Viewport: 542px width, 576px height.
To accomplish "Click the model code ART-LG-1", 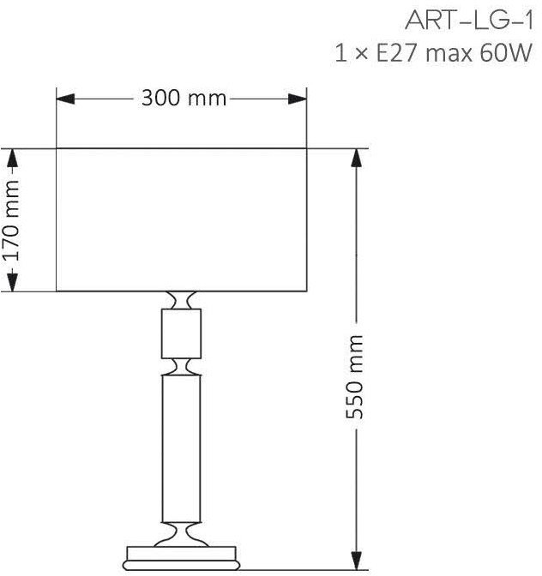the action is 469,21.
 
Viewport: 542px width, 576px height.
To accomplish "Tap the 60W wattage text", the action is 506,53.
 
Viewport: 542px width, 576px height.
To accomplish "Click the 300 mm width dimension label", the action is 184,99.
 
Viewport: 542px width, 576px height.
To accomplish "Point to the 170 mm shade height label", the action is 11,220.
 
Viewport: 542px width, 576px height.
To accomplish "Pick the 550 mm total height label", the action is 355,377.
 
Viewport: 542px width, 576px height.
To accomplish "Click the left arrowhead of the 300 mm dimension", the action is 65,99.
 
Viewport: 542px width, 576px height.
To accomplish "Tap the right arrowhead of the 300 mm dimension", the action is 298,99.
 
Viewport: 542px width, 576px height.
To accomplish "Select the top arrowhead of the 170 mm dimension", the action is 13,158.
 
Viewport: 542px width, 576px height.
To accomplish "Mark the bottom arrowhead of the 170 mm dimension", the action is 13,282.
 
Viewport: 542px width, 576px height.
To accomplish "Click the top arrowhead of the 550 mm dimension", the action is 356,158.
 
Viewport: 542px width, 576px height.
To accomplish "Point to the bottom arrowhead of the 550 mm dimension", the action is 356,561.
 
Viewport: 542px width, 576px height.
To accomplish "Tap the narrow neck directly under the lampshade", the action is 182,300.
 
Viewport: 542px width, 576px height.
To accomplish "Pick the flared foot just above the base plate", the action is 182,535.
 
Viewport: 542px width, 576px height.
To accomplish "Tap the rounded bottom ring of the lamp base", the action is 182,566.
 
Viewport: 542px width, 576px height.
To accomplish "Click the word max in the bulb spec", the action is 449,55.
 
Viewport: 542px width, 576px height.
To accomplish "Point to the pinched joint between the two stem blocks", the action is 182,367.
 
